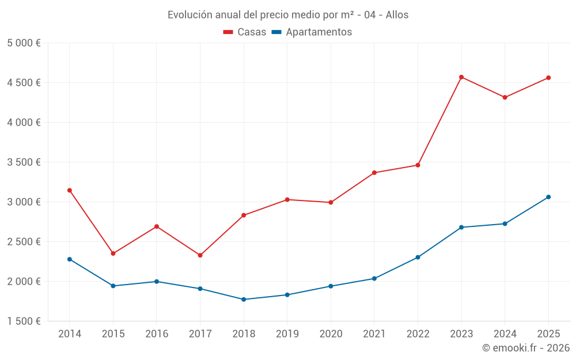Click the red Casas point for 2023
click(x=461, y=77)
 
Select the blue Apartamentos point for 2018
click(x=244, y=300)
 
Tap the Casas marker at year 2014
click(x=70, y=190)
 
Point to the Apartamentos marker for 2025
click(x=548, y=197)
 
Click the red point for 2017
click(x=200, y=255)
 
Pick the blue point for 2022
click(x=418, y=257)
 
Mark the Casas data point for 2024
click(x=505, y=97)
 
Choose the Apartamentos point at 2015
click(x=113, y=286)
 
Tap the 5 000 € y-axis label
click(x=24, y=43)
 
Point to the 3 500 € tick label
click(x=24, y=162)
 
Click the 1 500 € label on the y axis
click(x=24, y=321)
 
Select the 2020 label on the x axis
click(x=331, y=334)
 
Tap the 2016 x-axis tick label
click(x=157, y=334)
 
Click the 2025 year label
click(x=548, y=334)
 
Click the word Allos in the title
click(x=396, y=15)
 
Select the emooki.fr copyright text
click(x=526, y=348)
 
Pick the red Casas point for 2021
click(x=374, y=173)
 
